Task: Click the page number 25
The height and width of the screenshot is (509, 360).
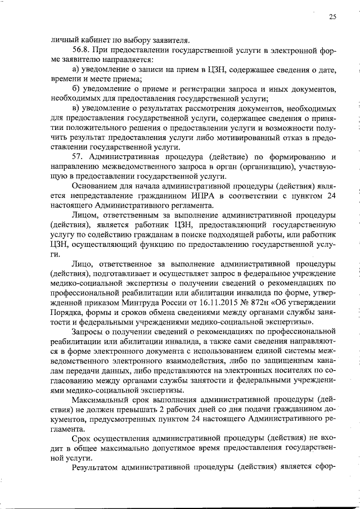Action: [x=332, y=17]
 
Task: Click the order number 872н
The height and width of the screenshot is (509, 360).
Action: [x=250, y=303]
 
